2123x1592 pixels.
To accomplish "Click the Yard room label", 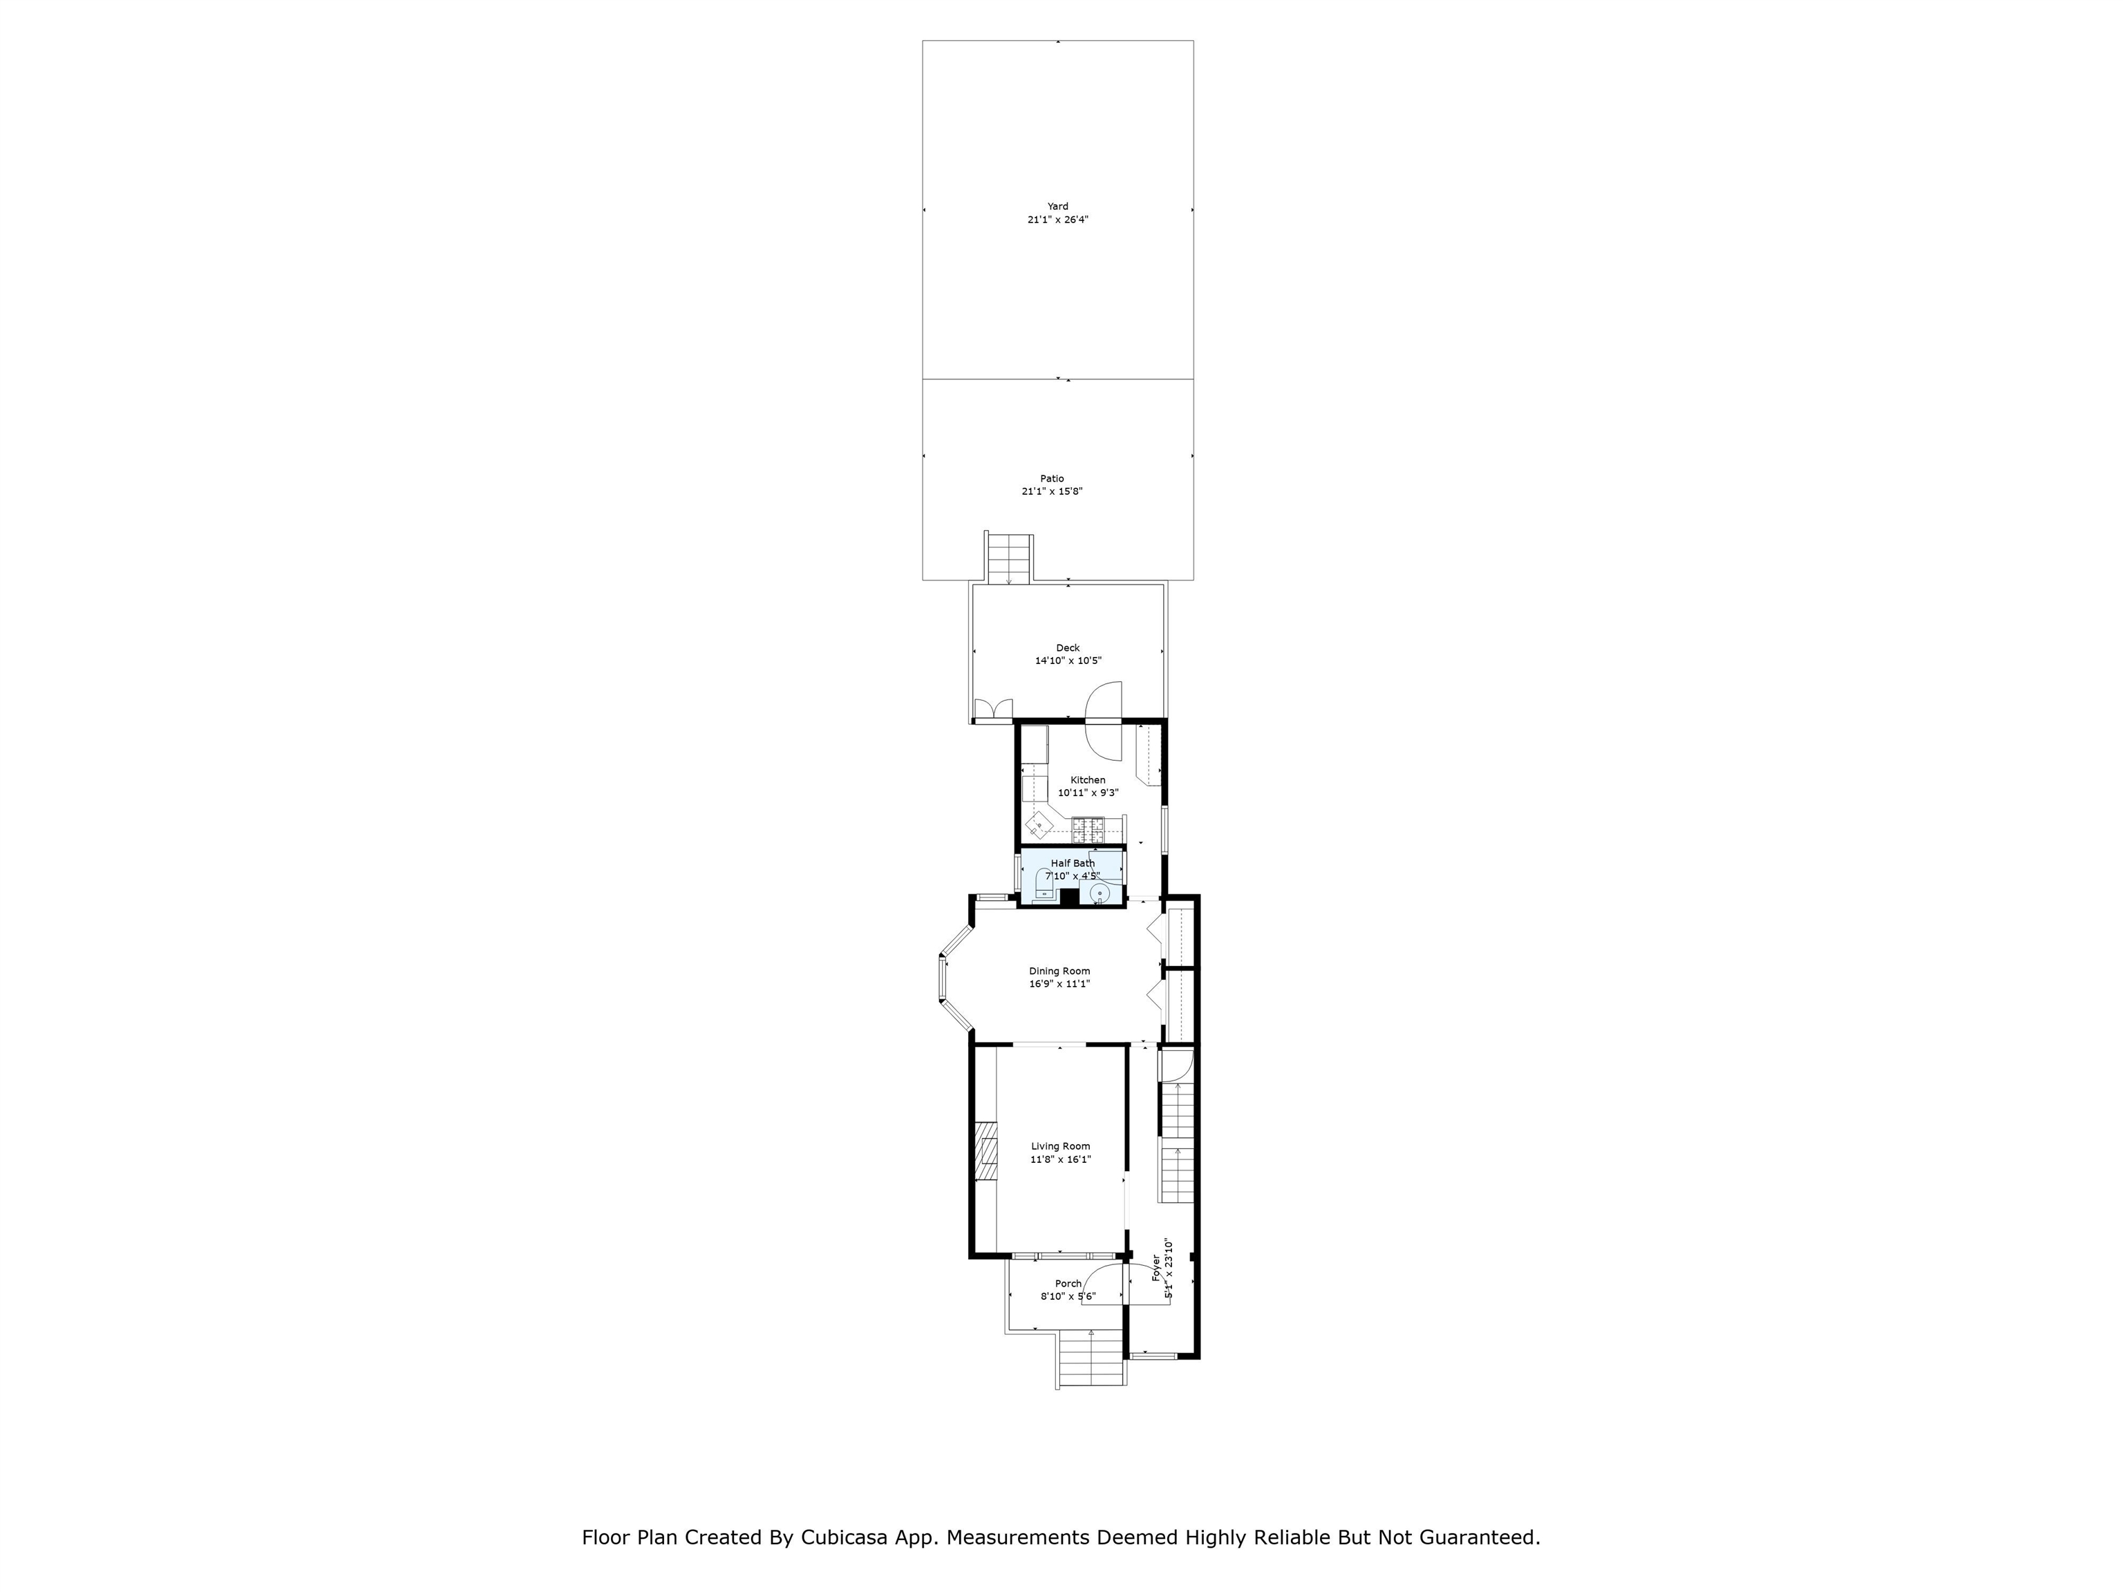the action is [x=1057, y=207].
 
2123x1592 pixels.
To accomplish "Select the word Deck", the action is [x=1068, y=647].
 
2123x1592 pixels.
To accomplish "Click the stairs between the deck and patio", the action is [x=1010, y=560].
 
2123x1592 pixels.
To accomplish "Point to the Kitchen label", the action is [x=1088, y=780].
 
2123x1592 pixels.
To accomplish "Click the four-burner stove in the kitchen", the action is [x=1089, y=824].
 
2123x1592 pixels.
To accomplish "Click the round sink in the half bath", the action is [x=1100, y=894].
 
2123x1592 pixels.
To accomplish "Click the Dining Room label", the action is [x=1059, y=971].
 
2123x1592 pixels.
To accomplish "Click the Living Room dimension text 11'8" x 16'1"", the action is [x=1061, y=1159].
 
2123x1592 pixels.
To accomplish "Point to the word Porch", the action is [x=1068, y=1284].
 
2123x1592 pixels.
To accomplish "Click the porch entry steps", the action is [x=1092, y=1359].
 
